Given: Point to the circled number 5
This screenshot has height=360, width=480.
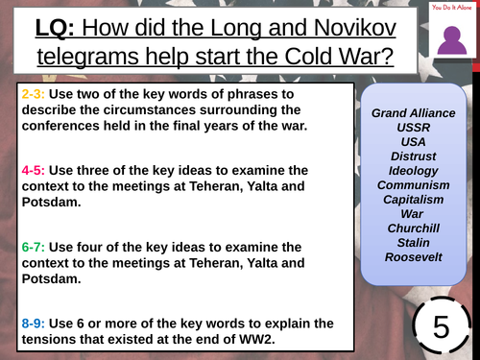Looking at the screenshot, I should [x=440, y=324].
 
